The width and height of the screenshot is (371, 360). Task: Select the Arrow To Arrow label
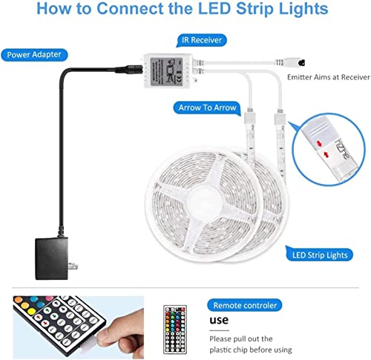click(207, 108)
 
